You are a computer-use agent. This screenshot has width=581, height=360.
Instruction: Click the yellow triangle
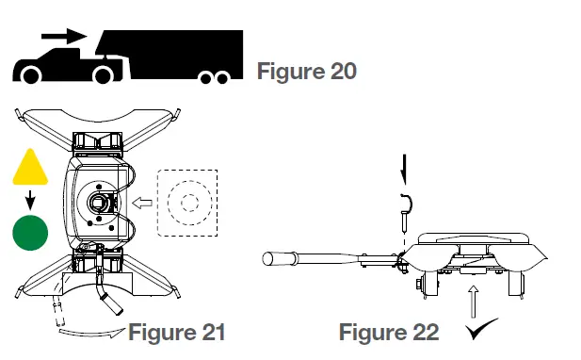tap(30, 169)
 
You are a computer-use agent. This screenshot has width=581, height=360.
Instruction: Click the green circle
tap(30, 232)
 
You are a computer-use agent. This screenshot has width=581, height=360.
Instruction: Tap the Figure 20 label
tap(306, 71)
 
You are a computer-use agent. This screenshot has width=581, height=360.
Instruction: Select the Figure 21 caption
tap(176, 332)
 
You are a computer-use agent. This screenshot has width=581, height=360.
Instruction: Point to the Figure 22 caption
tap(388, 332)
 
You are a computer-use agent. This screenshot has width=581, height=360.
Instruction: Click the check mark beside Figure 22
tap(481, 332)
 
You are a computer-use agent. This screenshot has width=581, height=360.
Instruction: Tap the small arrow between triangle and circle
tap(30, 200)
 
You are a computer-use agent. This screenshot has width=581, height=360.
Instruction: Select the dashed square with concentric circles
tap(187, 202)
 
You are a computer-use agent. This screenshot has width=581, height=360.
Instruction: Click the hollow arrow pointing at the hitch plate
tap(143, 201)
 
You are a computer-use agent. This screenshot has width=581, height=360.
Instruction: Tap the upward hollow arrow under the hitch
tap(472, 303)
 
